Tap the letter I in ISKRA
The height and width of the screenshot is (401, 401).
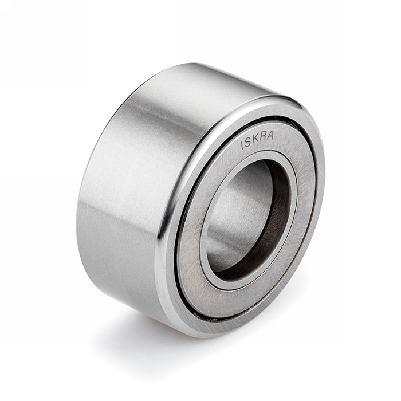242,146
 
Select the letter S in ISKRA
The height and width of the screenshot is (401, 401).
248,143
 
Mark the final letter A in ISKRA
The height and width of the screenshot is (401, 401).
270,136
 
